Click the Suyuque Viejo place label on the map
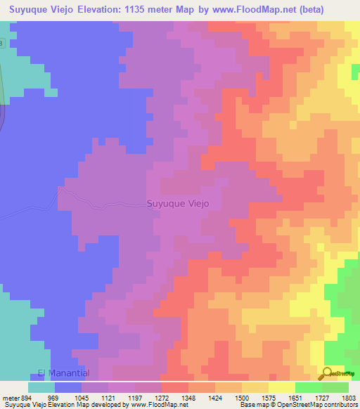[x=178, y=204]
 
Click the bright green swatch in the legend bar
[x=309, y=387]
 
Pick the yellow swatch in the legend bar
[x=282, y=387]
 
